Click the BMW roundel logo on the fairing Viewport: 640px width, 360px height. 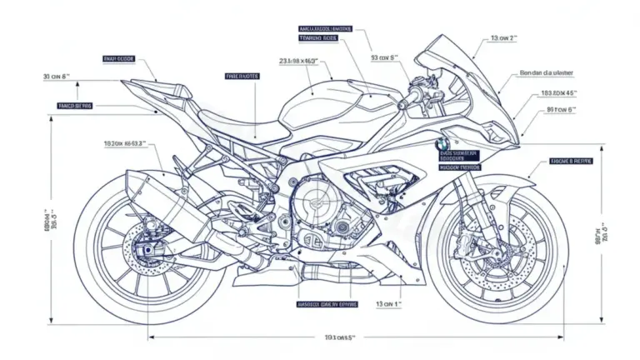tap(442, 143)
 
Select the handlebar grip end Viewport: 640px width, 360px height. tap(401, 106)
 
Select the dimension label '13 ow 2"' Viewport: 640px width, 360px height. tap(503, 38)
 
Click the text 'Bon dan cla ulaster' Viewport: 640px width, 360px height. tap(542, 72)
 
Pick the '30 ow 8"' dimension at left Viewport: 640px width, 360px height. tap(57, 77)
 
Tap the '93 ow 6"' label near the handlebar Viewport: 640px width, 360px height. tap(384, 58)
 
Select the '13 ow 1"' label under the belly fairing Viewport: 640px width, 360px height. tap(388, 305)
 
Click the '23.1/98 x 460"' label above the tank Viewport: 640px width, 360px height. tap(304, 61)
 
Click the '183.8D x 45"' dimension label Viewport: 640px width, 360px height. tap(558, 93)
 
